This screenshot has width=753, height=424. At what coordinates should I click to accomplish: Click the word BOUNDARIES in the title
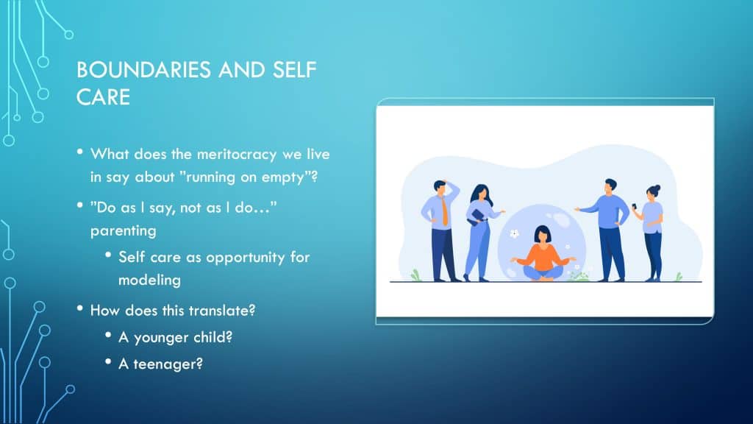(x=143, y=70)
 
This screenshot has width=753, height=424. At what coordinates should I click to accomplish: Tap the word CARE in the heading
(x=103, y=97)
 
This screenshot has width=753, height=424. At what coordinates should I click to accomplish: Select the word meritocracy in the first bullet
(x=237, y=155)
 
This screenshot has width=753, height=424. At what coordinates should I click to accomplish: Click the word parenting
(x=124, y=231)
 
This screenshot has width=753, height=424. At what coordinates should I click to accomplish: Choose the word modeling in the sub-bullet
(x=149, y=280)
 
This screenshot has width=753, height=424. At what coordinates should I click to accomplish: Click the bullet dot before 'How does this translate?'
(x=79, y=308)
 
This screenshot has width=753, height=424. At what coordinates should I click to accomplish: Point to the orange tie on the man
(x=445, y=211)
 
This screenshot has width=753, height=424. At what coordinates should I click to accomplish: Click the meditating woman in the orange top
(x=543, y=254)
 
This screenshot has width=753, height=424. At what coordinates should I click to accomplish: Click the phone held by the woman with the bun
(x=634, y=206)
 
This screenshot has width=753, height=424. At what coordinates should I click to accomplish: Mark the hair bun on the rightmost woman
(x=657, y=188)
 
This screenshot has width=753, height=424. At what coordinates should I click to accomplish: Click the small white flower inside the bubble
(x=514, y=233)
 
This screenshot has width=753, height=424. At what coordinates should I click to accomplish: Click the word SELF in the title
(x=294, y=70)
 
